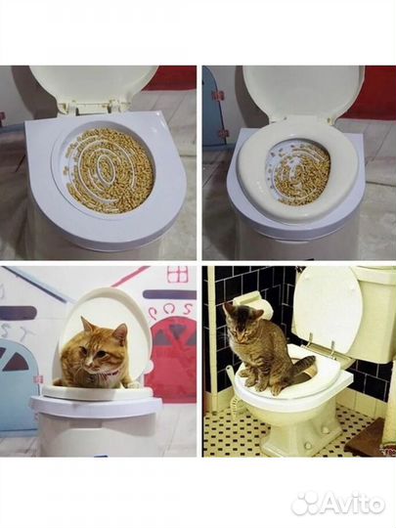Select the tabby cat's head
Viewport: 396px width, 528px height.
(238, 322)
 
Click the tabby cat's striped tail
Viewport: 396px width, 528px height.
(304, 368)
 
